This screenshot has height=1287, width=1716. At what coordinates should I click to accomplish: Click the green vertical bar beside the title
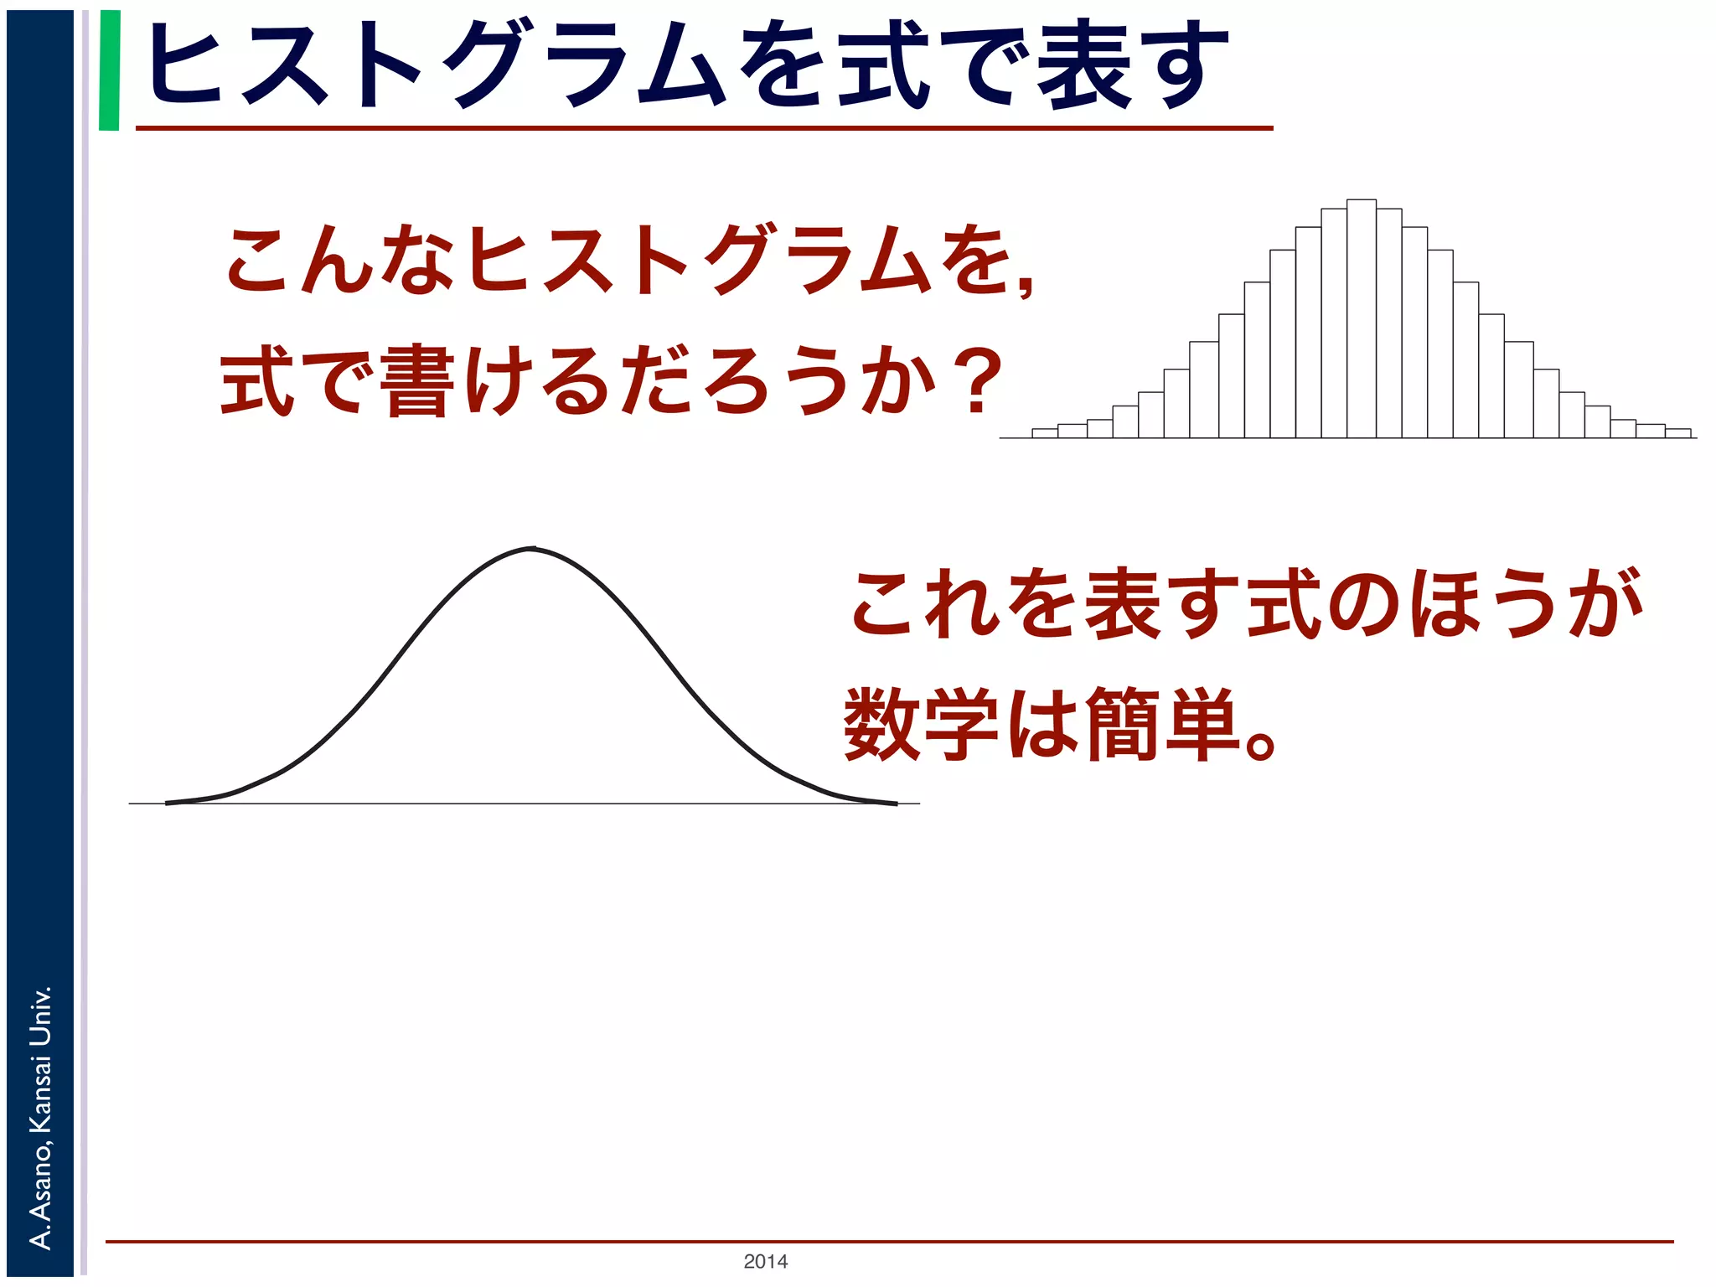[109, 70]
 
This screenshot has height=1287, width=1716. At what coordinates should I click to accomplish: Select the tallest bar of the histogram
[1361, 318]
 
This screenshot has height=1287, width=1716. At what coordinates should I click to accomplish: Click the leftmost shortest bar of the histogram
[1044, 433]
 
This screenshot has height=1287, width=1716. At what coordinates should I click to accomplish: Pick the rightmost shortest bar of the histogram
[1677, 433]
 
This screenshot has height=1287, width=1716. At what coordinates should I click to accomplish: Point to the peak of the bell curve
[533, 549]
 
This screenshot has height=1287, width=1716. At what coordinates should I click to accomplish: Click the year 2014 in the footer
[765, 1261]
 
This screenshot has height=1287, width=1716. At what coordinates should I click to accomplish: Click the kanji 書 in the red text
[416, 382]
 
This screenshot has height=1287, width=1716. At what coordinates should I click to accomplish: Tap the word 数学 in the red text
[920, 722]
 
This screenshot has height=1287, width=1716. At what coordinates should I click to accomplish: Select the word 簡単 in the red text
[1161, 722]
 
